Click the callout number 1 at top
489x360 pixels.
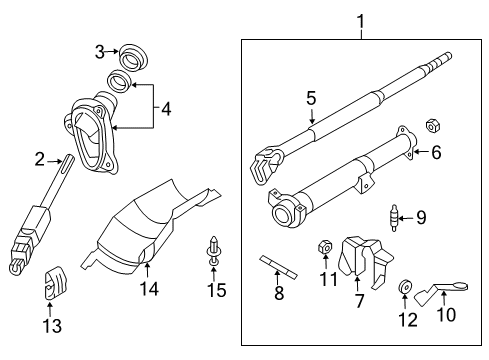click(360, 19)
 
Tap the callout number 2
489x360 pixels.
click(40, 158)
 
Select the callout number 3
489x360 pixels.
click(100, 51)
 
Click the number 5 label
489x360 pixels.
click(311, 98)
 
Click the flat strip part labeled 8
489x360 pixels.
click(279, 267)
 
